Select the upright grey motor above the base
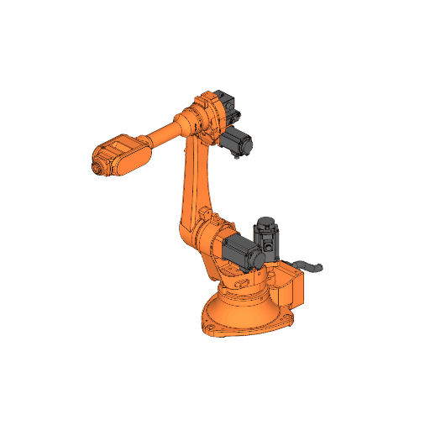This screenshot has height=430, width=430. pos(267,239)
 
